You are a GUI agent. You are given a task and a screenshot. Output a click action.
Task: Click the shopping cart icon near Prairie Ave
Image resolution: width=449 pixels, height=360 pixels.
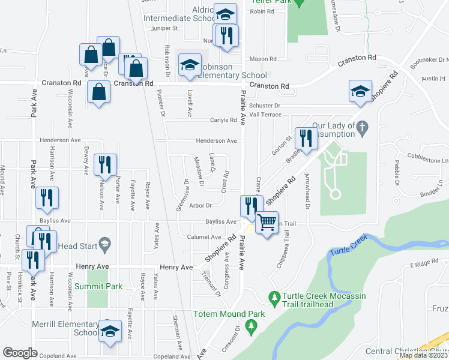click(x=267, y=223)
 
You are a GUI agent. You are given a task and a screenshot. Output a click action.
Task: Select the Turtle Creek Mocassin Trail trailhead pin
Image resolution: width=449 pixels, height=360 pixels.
click(x=274, y=297)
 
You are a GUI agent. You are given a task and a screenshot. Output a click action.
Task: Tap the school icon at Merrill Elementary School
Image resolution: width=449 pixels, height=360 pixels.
click(x=110, y=332)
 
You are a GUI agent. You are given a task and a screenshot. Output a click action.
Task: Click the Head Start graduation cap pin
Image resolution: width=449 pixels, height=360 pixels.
click(x=105, y=243)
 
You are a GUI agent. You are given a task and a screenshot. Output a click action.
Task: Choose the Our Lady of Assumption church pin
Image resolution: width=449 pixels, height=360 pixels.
click(x=362, y=127)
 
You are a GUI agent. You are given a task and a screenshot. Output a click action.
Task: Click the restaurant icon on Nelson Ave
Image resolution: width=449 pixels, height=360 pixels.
click(x=105, y=164)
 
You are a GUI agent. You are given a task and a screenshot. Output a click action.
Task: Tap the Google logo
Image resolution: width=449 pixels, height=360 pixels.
click(x=20, y=353)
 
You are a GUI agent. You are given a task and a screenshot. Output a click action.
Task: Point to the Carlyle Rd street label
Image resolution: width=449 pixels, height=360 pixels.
click(x=224, y=120)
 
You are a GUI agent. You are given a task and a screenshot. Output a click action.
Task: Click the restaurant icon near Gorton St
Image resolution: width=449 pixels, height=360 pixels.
click(x=305, y=138)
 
